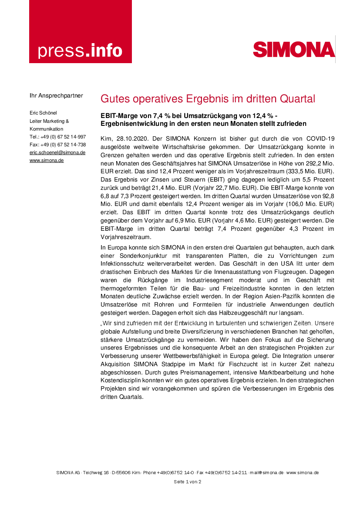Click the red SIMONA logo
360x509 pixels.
pyautogui.click(x=294, y=50)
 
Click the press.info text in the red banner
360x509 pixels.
pyautogui.click(x=80, y=51)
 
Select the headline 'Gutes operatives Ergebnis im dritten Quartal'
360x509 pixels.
pyautogui.click(x=208, y=99)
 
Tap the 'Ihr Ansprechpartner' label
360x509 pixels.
pyautogui.click(x=56, y=95)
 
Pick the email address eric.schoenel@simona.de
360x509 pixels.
pyautogui.click(x=57, y=152)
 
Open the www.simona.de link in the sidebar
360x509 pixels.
pyautogui.click(x=47, y=160)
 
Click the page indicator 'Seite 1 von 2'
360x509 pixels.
pyautogui.click(x=187, y=482)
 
